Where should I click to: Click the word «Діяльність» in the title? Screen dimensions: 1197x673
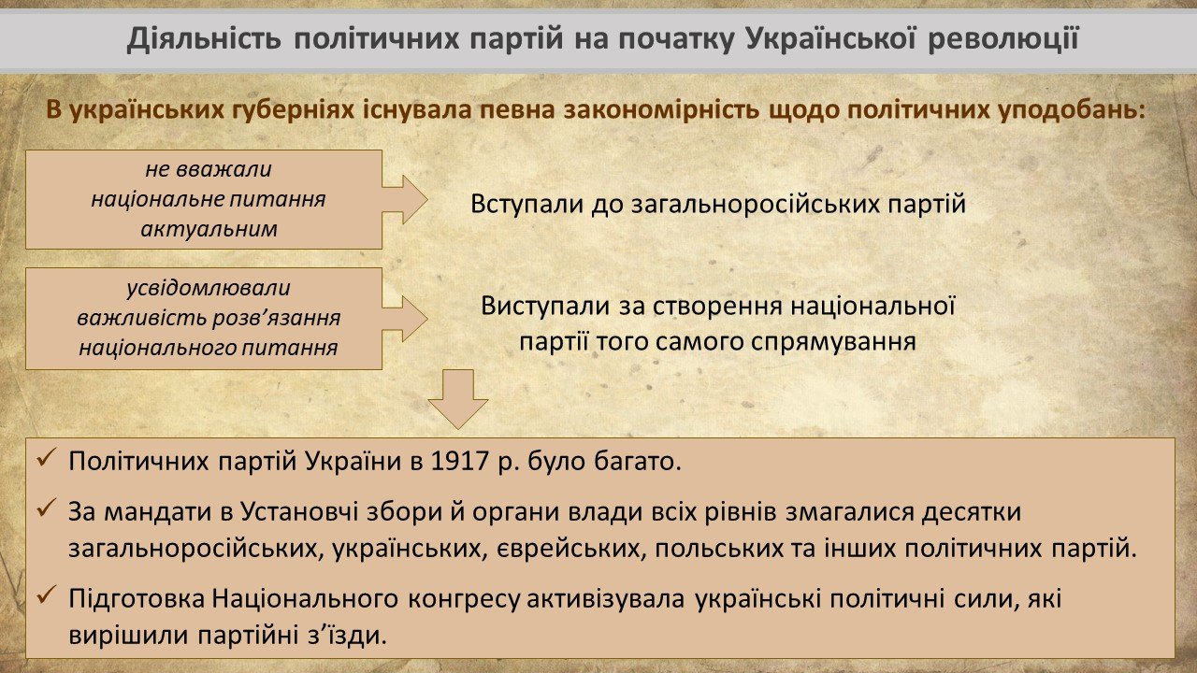coord(204,39)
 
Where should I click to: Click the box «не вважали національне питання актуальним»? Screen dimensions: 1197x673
coord(204,199)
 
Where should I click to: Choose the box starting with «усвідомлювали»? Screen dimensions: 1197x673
coord(204,319)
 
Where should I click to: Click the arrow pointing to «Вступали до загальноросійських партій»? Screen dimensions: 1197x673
coord(405,199)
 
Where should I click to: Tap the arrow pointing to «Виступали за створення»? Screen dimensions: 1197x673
coord(405,319)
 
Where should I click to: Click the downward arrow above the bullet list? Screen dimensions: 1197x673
coord(458,399)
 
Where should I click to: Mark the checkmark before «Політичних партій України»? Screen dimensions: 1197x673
coord(47,458)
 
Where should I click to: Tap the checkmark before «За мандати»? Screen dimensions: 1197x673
coord(47,508)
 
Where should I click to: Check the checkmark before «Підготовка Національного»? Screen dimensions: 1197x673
coord(47,595)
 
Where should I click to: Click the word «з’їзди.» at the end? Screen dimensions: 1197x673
coord(347,637)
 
